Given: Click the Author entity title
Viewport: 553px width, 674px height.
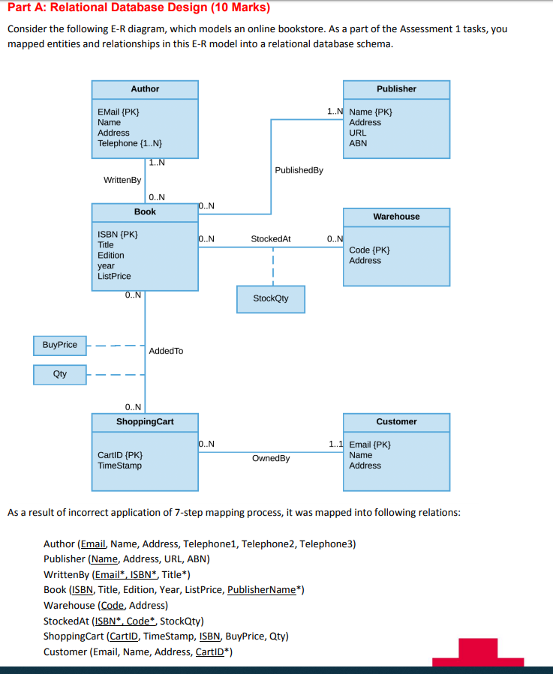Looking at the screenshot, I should (145, 89).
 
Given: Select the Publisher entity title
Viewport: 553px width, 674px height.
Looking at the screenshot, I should (396, 89).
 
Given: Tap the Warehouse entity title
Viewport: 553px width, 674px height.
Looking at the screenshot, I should (396, 217).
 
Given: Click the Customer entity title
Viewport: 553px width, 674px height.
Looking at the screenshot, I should (396, 422).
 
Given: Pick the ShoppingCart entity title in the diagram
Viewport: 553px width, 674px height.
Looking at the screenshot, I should (145, 422).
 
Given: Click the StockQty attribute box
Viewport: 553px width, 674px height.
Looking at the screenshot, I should (270, 298).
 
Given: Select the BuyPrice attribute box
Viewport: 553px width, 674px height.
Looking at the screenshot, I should (60, 345).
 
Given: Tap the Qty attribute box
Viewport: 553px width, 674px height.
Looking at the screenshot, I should (60, 373).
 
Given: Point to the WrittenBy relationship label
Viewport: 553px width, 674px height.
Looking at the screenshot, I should (122, 180).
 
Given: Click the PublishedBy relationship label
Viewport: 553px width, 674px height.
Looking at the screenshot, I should (299, 170).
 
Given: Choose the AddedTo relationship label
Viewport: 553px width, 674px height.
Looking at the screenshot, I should (166, 351).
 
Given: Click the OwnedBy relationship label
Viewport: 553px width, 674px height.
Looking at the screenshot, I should (271, 458).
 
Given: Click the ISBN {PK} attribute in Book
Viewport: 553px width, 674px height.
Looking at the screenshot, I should (118, 234).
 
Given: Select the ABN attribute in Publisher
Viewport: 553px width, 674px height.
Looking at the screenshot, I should (358, 143).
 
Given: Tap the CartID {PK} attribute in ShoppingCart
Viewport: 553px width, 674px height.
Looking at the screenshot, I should (121, 455).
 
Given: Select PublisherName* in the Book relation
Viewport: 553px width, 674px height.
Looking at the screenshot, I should (265, 590).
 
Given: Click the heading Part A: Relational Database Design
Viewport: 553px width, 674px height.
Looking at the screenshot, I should (139, 8).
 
